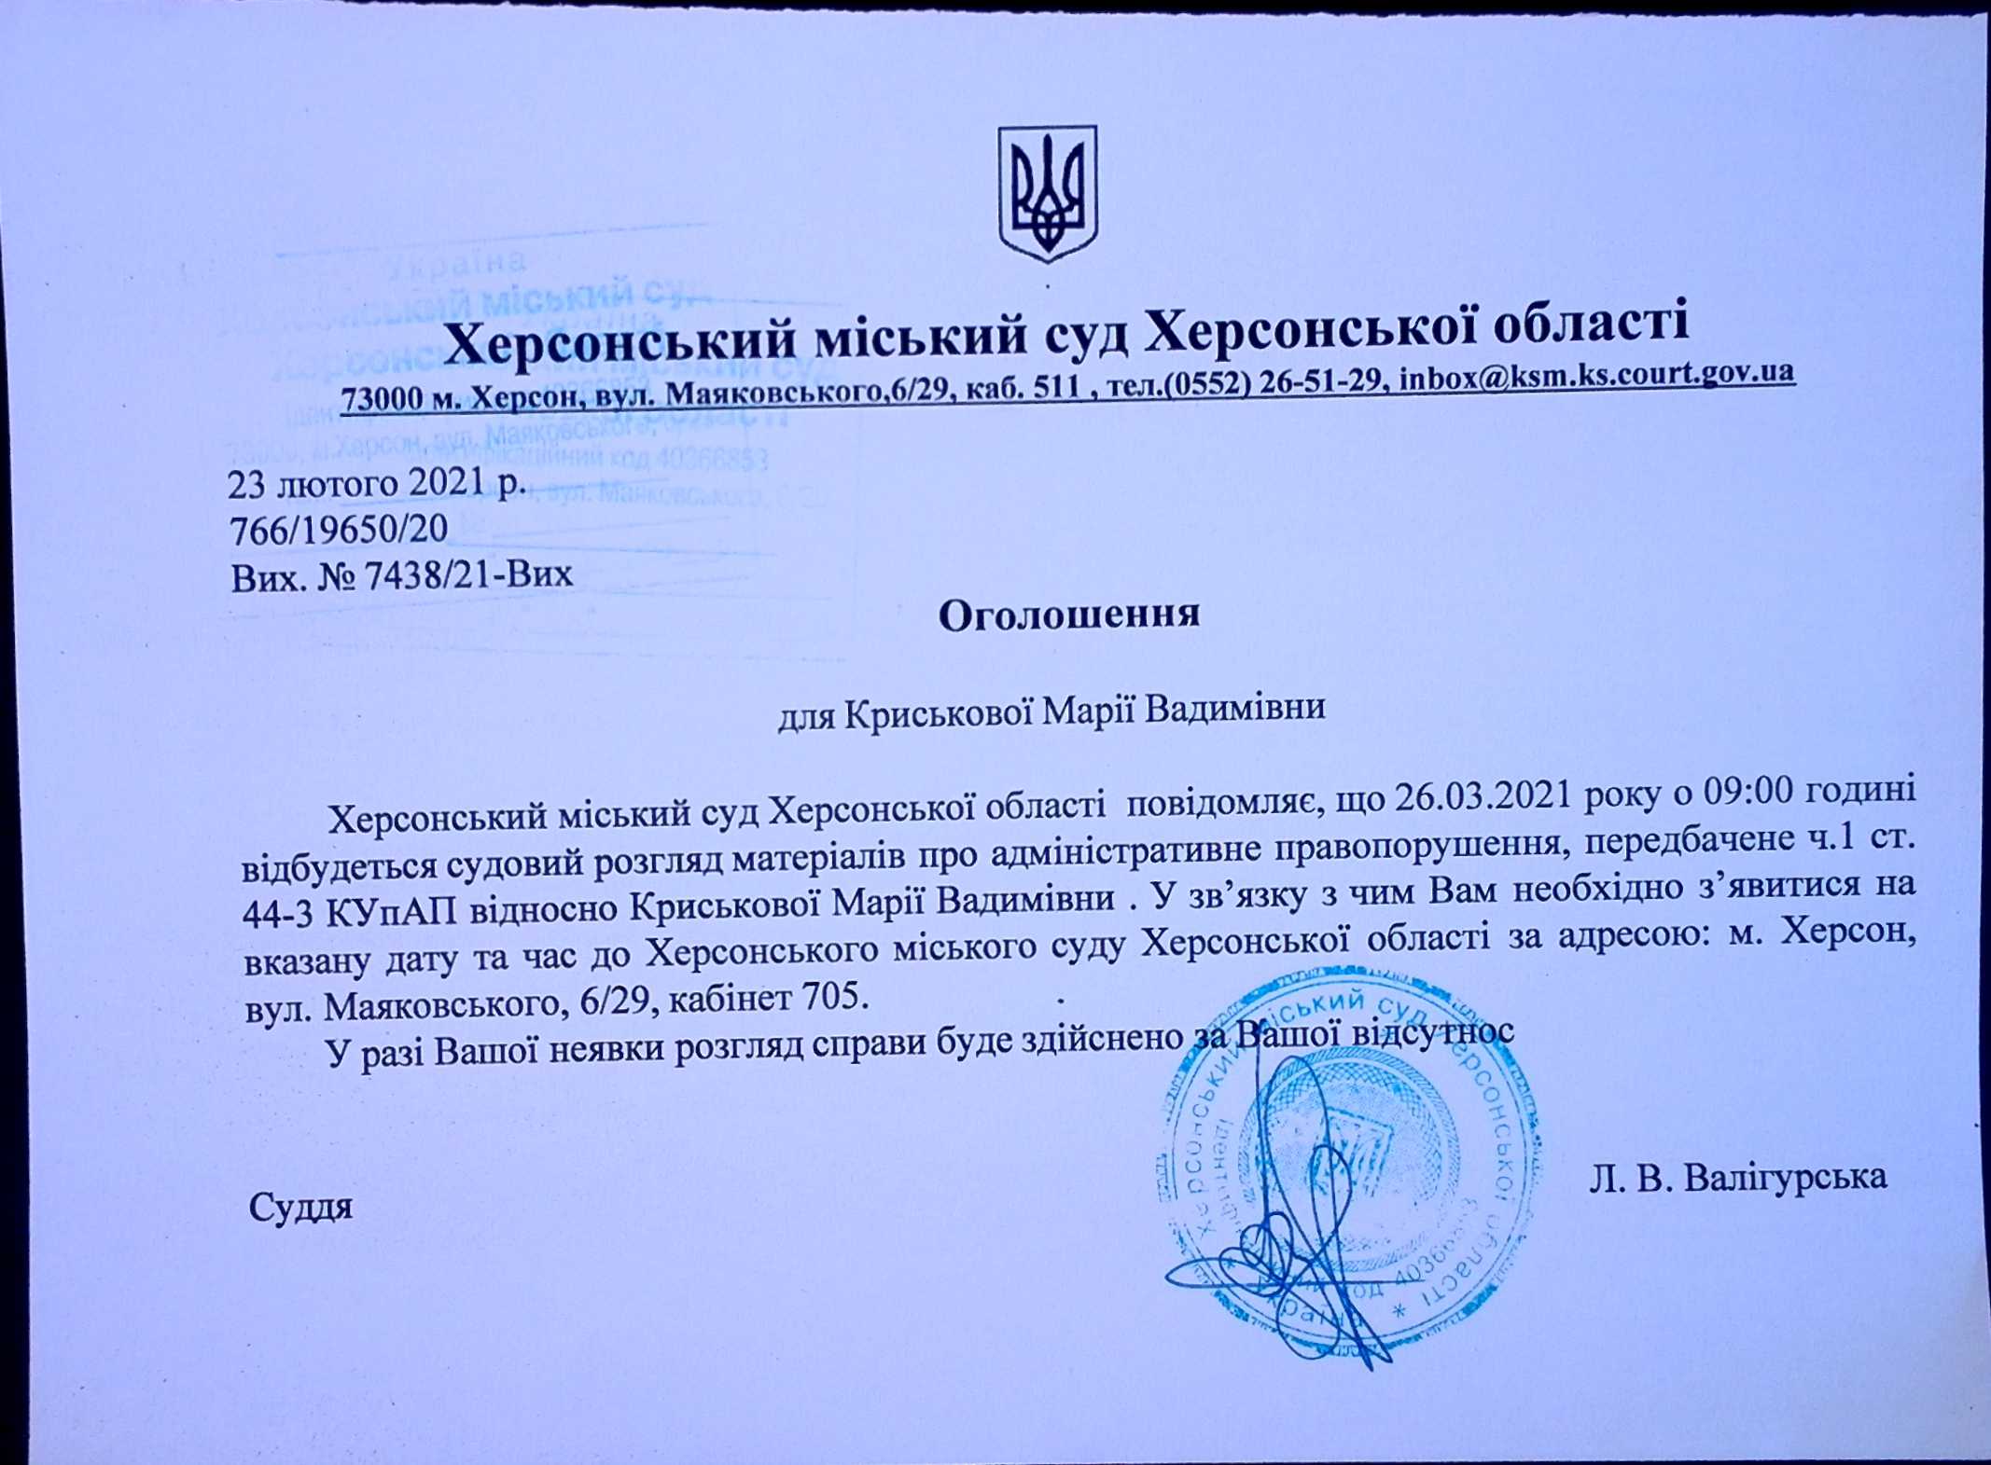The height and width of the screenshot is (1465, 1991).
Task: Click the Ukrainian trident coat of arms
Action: pyautogui.click(x=1048, y=193)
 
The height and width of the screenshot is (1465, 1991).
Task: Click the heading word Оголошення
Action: pyautogui.click(x=1068, y=615)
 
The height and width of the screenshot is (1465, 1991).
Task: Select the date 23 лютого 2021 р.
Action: pyautogui.click(x=377, y=484)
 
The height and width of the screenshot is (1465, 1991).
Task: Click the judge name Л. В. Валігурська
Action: pyautogui.click(x=1738, y=1178)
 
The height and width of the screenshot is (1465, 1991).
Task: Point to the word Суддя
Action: pyautogui.click(x=300, y=1208)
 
